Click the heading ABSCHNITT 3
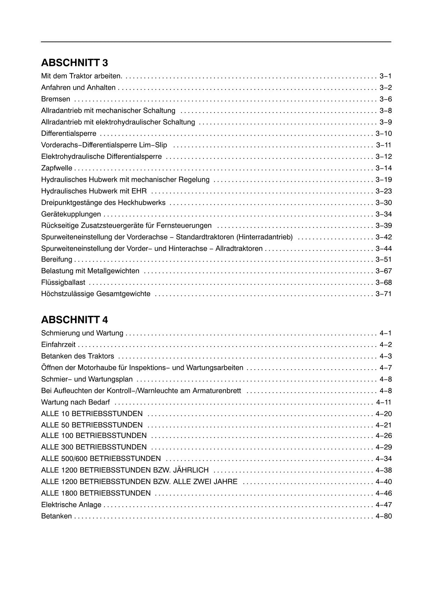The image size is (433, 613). [74, 63]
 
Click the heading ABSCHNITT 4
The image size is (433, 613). [74, 320]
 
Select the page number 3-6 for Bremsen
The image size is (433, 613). [386, 99]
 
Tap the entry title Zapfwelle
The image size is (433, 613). [57, 168]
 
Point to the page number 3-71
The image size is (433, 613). [383, 294]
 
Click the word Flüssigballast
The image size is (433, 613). [63, 282]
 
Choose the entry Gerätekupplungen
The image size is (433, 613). [71, 214]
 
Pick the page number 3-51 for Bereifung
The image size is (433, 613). [383, 259]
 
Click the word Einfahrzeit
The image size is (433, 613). [58, 345]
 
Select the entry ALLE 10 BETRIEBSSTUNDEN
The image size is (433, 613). [92, 414]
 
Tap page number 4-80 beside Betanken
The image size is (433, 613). [383, 516]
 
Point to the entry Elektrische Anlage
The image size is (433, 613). [71, 505]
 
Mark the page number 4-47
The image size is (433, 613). [383, 505]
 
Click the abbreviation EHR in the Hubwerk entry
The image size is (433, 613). [140, 191]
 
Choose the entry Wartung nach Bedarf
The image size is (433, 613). [75, 402]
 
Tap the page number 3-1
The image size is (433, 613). [386, 76]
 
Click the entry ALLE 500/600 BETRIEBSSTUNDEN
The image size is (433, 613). [101, 459]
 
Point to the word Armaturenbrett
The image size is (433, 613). [216, 391]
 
